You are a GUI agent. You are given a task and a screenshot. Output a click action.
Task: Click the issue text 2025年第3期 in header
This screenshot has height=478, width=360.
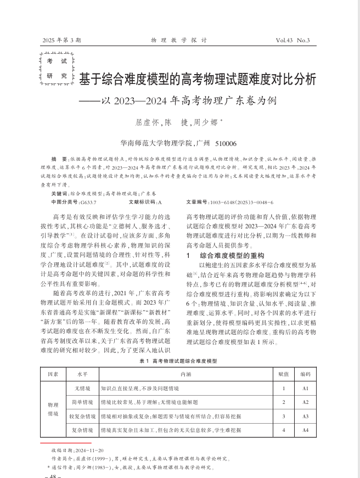tap(61, 40)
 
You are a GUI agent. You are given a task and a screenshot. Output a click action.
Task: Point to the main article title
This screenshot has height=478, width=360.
tap(198, 80)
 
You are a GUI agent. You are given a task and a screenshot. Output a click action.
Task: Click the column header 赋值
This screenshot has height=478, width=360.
tap(283, 374)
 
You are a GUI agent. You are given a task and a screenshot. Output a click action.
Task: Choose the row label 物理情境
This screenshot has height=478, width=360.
tap(53, 409)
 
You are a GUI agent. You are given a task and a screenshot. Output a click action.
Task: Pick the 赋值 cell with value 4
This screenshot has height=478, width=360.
tap(283, 430)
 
